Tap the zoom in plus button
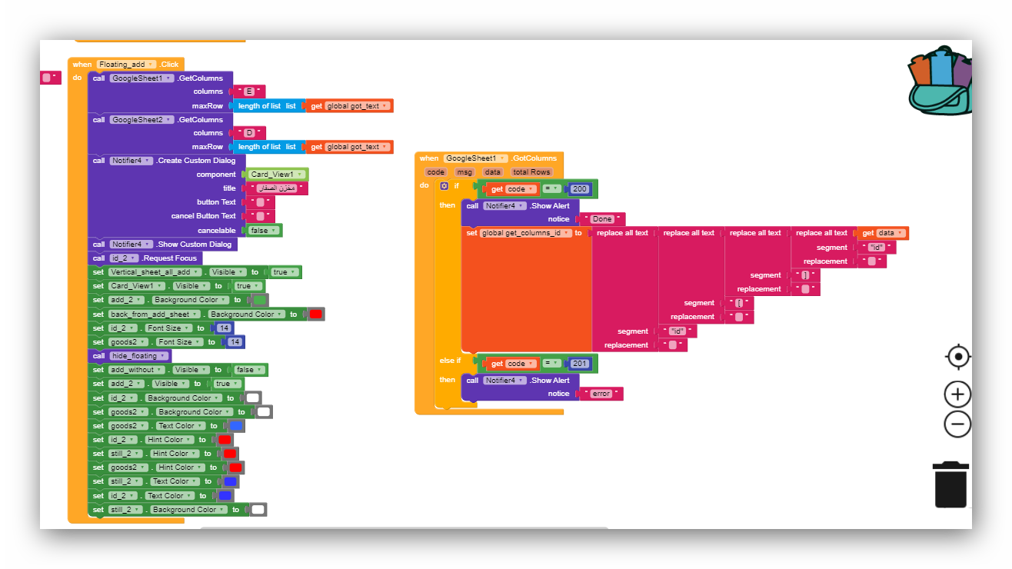coord(957,394)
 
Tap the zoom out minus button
coord(957,424)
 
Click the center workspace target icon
coord(957,357)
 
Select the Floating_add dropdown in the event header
coord(127,65)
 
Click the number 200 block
coord(580,189)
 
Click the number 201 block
coord(580,364)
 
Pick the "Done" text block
coord(601,219)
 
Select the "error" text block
coord(601,394)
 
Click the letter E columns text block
coord(249,92)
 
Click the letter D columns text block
coord(249,134)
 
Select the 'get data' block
coord(883,233)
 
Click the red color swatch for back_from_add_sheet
coord(315,314)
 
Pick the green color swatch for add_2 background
coord(260,300)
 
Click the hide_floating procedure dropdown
coord(138,356)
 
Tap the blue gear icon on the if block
coord(444,186)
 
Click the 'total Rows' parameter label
coord(531,172)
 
